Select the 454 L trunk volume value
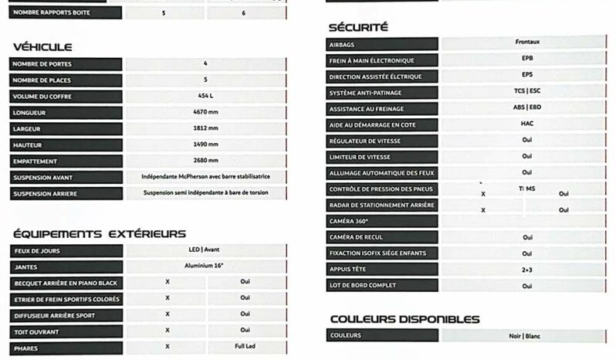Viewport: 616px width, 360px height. pyautogui.click(x=205, y=96)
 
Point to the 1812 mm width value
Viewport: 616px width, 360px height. pyautogui.click(x=205, y=128)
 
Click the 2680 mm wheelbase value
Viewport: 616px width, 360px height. pyautogui.click(x=205, y=161)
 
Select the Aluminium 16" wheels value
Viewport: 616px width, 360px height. pyautogui.click(x=205, y=267)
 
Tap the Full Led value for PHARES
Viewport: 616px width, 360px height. pyautogui.click(x=245, y=347)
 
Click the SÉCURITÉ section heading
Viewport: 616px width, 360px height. pyautogui.click(x=358, y=27)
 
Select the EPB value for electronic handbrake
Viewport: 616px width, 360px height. pyautogui.click(x=526, y=59)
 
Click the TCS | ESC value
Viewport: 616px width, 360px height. pyautogui.click(x=526, y=92)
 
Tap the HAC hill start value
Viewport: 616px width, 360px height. pyautogui.click(x=526, y=124)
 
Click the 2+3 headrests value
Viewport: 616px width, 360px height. pyautogui.click(x=526, y=270)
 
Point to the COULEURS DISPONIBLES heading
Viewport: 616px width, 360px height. pyautogui.click(x=404, y=319)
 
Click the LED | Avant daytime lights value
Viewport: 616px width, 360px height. pyautogui.click(x=205, y=250)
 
